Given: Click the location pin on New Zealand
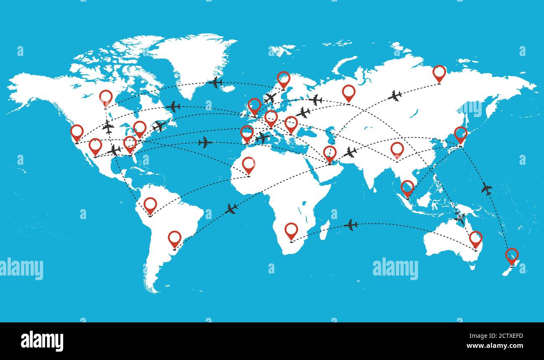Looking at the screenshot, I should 511,255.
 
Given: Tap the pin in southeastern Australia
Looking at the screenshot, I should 475,238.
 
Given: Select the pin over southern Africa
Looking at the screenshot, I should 291,230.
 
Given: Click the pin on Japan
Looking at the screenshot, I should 460,134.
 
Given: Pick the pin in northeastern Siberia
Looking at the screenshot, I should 439,73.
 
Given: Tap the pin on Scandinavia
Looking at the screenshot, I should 283,79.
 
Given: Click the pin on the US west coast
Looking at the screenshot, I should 77,132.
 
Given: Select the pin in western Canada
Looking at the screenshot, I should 106,97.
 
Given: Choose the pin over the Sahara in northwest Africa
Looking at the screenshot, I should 249,164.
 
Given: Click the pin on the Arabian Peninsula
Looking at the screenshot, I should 330,153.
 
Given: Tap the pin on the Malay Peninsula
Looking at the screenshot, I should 407,187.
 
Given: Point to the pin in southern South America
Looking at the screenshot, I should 174,238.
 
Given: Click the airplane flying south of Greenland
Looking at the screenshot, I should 216,82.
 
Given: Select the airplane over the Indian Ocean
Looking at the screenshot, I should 351,225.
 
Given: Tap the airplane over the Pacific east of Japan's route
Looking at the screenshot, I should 486,189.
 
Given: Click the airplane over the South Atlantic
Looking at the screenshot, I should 231,209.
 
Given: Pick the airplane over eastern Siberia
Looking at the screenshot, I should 395,96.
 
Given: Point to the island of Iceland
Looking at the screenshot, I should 228,89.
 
